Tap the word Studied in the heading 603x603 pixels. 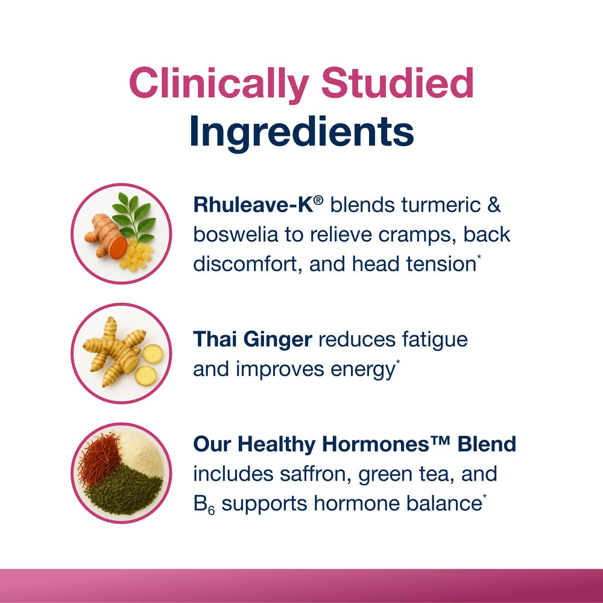(397, 84)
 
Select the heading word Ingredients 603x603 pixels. (301, 132)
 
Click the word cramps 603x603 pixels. (414, 235)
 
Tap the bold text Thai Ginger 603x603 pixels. (252, 339)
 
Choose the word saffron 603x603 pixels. (312, 474)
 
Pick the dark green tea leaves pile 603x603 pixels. (123, 491)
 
